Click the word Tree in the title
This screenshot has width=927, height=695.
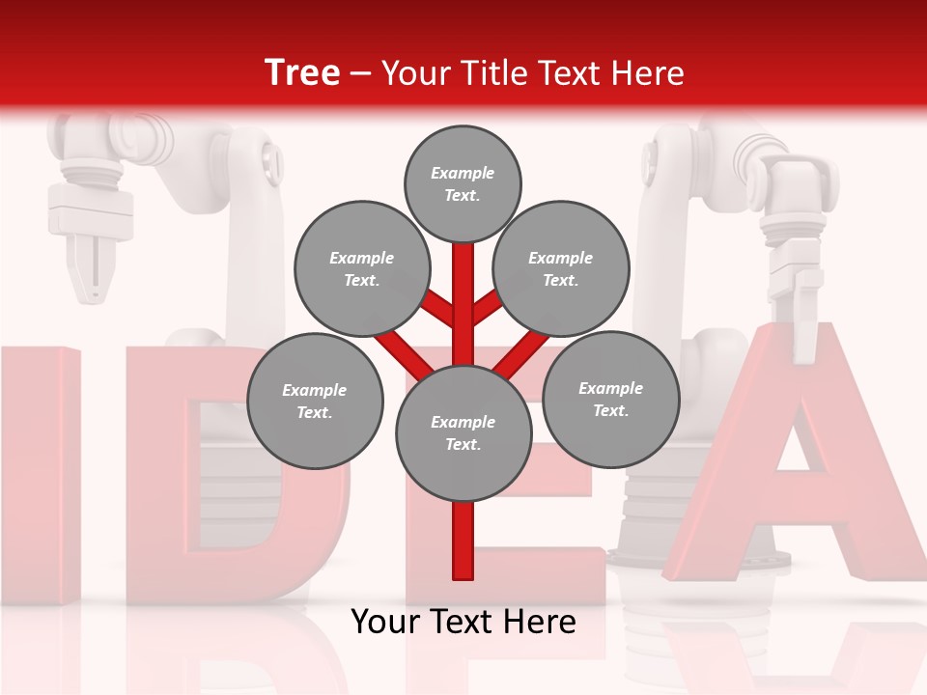302,73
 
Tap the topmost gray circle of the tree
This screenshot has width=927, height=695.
463,183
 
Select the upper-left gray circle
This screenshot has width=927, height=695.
362,269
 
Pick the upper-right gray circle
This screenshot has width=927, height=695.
561,269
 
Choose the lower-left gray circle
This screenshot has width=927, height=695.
315,402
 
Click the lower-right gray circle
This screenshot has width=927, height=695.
610,400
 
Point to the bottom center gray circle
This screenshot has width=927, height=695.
463,433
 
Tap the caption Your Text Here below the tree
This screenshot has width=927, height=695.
463,623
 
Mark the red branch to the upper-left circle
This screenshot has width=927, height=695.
439,311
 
